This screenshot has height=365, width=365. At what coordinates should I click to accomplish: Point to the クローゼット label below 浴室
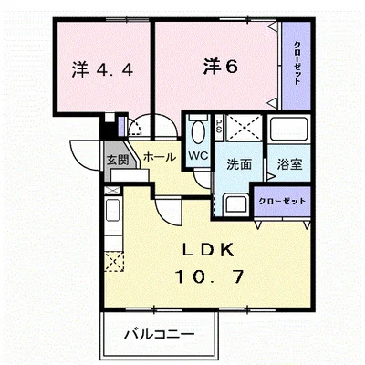pyautogui.click(x=280, y=201)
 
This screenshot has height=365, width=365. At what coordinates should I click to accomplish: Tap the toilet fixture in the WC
pyautogui.click(x=198, y=130)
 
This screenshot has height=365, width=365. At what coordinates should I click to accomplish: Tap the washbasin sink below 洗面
pyautogui.click(x=235, y=203)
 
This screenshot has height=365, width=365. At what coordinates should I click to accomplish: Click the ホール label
pyautogui.click(x=159, y=156)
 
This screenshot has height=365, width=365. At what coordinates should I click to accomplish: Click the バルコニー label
pyautogui.click(x=160, y=334)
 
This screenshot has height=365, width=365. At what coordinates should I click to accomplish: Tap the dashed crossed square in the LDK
pyautogui.click(x=113, y=265)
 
